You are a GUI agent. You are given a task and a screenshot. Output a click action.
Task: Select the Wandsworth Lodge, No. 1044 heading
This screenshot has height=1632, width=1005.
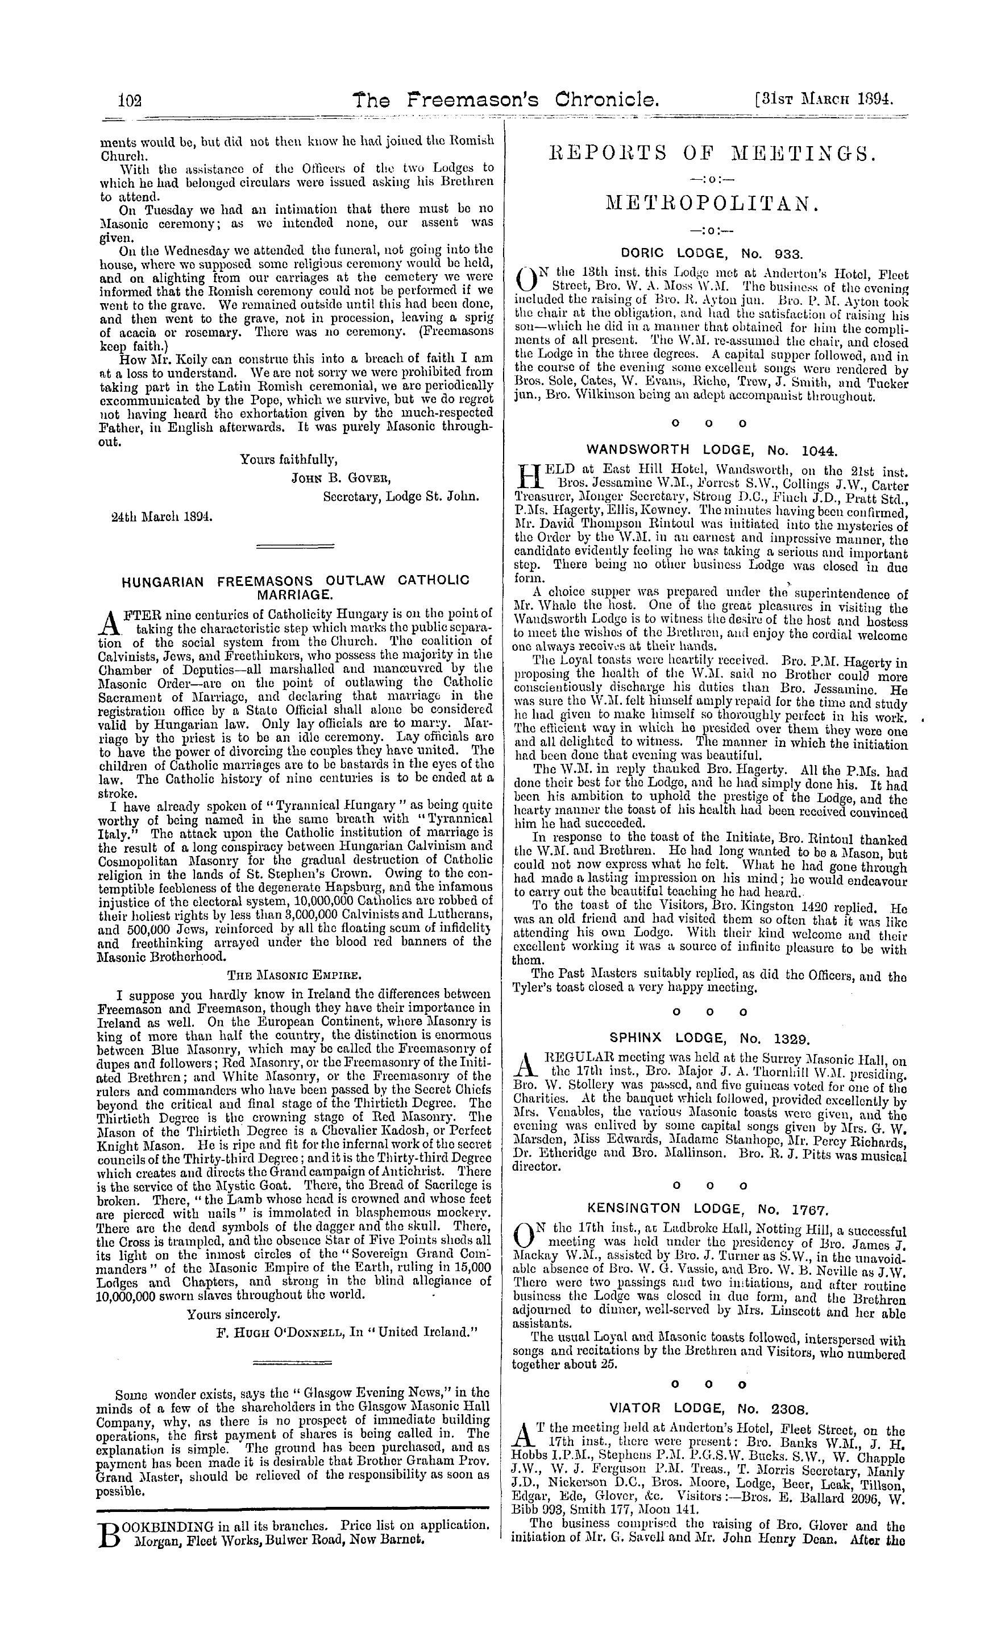click(711, 449)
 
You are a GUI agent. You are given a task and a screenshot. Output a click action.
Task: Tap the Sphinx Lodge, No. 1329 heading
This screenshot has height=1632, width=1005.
click(711, 1038)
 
